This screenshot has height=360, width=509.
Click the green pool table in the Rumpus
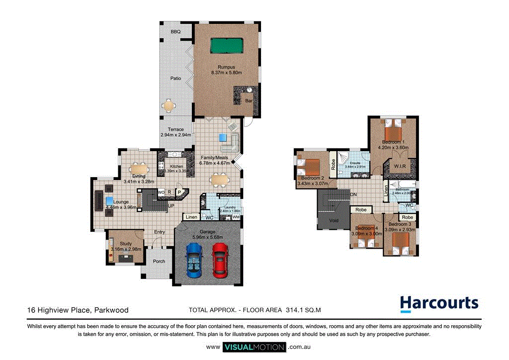[227, 46]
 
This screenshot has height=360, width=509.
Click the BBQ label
[175, 32]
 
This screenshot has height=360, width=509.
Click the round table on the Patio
[170, 105]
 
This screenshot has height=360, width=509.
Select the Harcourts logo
[439, 303]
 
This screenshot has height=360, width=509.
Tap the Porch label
[159, 262]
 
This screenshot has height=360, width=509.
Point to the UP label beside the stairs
[171, 205]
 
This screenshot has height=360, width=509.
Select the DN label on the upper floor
[354, 194]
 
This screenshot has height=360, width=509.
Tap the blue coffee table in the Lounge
[109, 200]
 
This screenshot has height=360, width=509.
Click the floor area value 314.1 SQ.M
[303, 310]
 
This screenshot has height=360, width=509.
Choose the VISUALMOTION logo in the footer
[254, 347]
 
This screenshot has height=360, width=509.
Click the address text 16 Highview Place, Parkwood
[78, 310]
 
